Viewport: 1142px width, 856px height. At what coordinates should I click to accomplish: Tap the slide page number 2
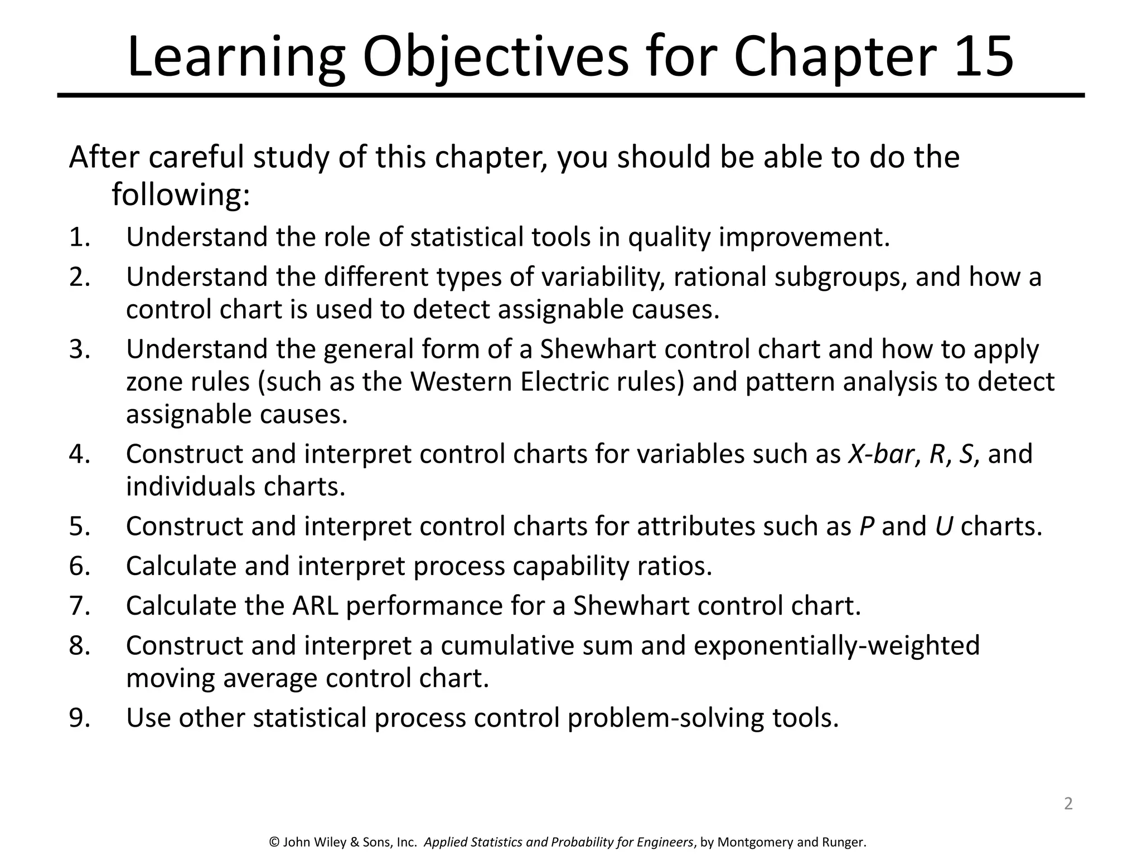click(1068, 804)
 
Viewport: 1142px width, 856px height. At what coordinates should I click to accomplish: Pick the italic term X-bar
click(880, 454)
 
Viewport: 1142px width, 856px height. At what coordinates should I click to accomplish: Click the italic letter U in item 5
click(943, 527)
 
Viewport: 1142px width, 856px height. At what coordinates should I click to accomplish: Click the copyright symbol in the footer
click(274, 842)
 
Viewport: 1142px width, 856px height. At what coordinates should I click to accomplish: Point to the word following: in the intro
click(181, 196)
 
